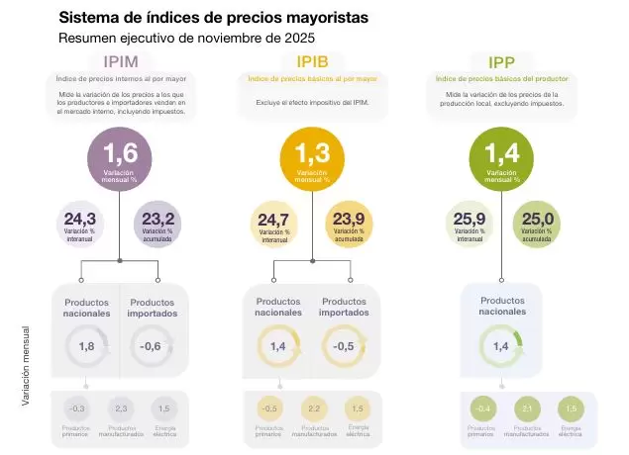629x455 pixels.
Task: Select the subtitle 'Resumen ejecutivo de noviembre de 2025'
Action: coord(186,38)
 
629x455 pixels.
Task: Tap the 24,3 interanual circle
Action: coord(79,224)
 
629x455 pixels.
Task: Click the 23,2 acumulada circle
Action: coord(157,224)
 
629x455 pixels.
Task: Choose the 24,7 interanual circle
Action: coord(271,224)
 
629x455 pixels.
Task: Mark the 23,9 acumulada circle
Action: coord(349,224)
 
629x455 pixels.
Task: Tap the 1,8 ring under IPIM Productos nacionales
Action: coord(86,346)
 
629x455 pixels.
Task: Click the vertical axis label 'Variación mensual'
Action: coord(27,366)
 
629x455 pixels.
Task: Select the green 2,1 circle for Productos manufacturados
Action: coord(526,409)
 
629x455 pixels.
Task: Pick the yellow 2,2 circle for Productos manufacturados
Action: coord(313,409)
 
